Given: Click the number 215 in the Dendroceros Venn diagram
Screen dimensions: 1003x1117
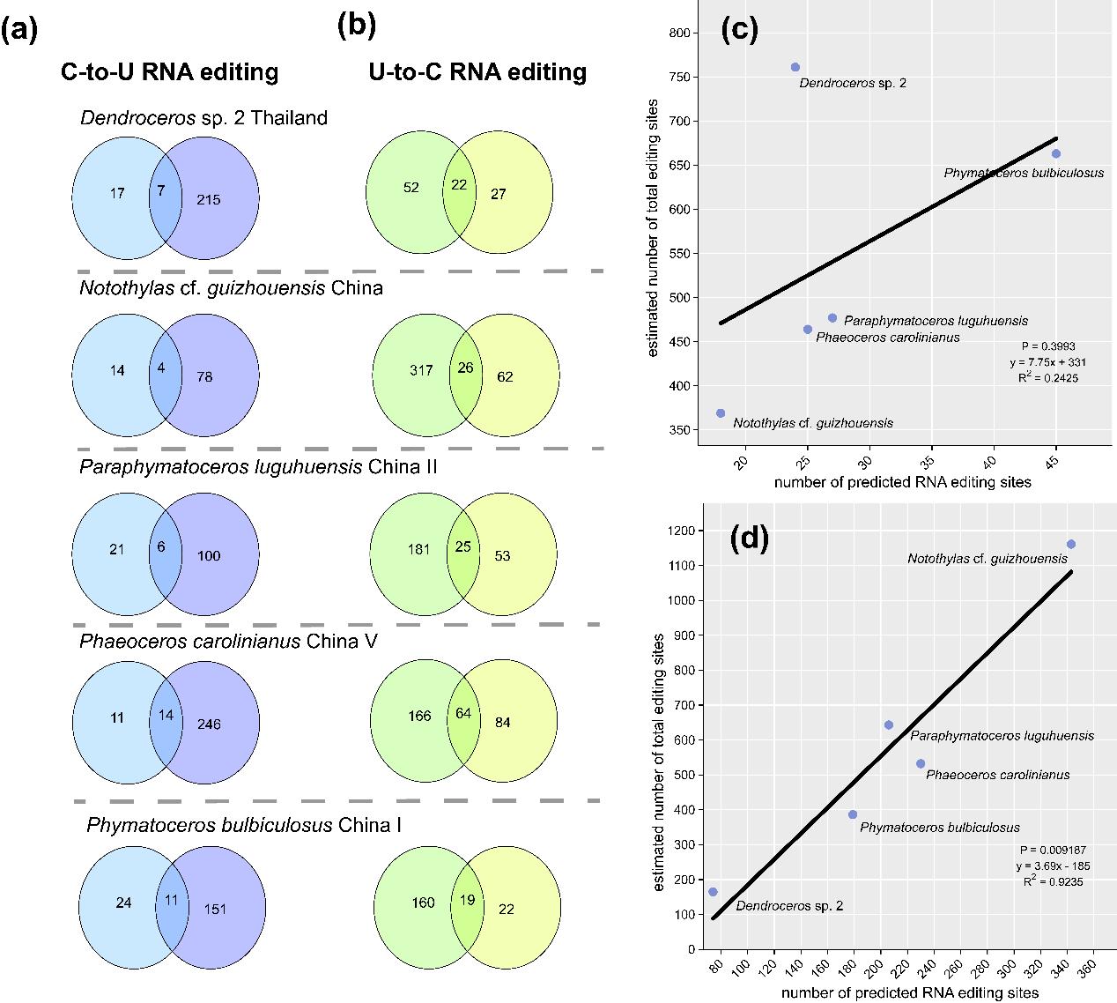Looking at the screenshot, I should (x=209, y=200).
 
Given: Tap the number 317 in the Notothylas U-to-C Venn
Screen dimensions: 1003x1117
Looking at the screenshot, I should (x=421, y=370).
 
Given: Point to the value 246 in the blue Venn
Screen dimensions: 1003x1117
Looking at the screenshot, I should (x=209, y=724).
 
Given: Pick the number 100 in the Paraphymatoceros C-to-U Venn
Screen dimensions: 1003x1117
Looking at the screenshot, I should (x=209, y=555).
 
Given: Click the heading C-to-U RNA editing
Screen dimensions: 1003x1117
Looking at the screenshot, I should (x=169, y=72).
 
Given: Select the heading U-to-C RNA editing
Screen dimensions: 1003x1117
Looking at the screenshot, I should (x=477, y=71).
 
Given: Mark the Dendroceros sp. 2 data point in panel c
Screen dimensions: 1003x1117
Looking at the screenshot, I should (x=795, y=67).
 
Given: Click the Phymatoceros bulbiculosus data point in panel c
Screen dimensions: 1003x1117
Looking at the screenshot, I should (x=1055, y=153).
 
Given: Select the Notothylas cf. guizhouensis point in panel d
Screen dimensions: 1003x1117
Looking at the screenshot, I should (x=1070, y=544).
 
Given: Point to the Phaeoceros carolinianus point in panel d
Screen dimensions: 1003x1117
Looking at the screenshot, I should (x=921, y=763).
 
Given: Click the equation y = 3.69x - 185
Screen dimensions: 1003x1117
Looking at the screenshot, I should (x=1052, y=866).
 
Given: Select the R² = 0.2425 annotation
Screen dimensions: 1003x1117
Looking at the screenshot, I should (x=1047, y=377).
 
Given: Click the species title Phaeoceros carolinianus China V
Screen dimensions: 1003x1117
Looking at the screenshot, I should (x=228, y=641).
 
